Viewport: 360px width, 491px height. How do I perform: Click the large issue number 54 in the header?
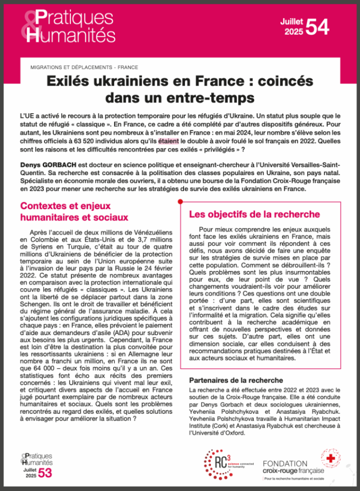pos(317,27)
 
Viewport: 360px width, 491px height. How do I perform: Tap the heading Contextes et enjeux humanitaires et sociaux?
pos(74,211)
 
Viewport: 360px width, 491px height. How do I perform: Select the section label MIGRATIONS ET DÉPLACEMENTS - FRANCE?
pos(84,67)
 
